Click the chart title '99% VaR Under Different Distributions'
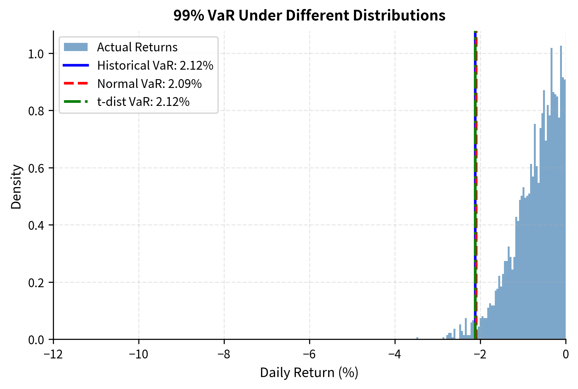[309, 15]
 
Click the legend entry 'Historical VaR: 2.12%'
[155, 66]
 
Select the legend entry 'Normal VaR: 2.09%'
[149, 84]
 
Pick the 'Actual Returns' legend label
[137, 47]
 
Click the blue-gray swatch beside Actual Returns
[76, 47]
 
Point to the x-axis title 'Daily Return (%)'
[309, 373]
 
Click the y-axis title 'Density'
[16, 187]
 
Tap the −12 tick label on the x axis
[53, 355]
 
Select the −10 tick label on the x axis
[139, 355]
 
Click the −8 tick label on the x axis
[224, 355]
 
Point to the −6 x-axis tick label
[309, 355]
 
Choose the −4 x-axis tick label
[395, 355]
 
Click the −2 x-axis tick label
[480, 355]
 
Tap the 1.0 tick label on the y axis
[36, 54]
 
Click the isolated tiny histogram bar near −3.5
[417, 338]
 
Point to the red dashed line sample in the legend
[76, 84]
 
